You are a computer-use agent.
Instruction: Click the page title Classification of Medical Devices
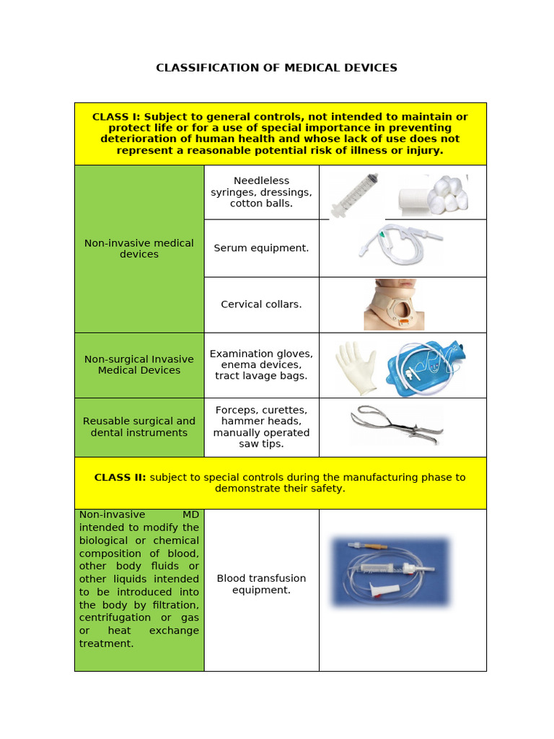[x=276, y=68]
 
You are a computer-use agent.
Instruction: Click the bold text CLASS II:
[x=120, y=477]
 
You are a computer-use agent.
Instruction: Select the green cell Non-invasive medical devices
[x=139, y=248]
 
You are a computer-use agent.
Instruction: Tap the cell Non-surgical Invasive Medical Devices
[x=139, y=364]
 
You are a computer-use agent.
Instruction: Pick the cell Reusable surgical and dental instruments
[x=139, y=427]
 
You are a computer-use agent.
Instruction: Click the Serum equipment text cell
[x=261, y=248]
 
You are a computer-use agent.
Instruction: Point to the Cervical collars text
[x=261, y=304]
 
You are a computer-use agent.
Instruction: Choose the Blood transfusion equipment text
[x=261, y=584]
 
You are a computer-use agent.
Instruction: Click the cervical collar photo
[x=394, y=305]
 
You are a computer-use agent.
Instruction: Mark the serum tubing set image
[x=400, y=241]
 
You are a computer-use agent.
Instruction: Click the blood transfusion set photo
[x=390, y=570]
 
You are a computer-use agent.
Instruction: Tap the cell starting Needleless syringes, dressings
[x=261, y=192]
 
